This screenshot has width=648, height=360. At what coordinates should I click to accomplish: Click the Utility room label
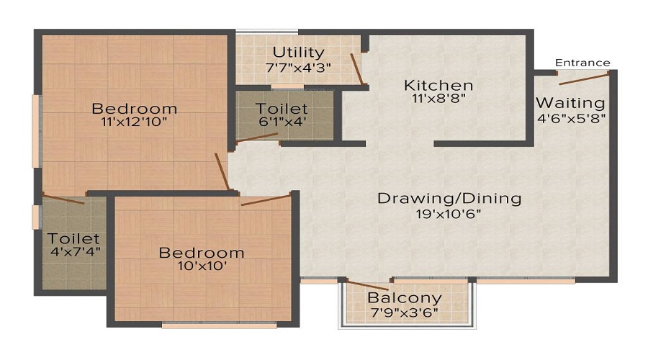(x=298, y=53)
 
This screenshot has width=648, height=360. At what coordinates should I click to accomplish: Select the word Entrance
(x=582, y=63)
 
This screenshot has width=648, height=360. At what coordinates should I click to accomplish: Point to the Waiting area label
(x=570, y=102)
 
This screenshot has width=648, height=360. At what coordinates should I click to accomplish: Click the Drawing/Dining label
(x=449, y=198)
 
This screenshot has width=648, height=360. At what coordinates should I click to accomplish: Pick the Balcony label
(x=405, y=298)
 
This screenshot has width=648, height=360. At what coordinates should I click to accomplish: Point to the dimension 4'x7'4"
(x=73, y=252)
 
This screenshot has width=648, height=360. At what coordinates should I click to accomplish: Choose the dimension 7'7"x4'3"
(x=298, y=67)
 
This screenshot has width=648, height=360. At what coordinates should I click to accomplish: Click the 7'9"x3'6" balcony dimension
(x=405, y=312)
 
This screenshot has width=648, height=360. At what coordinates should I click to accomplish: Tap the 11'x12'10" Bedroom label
(x=134, y=109)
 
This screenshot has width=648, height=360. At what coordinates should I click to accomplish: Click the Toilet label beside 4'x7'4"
(x=73, y=238)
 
